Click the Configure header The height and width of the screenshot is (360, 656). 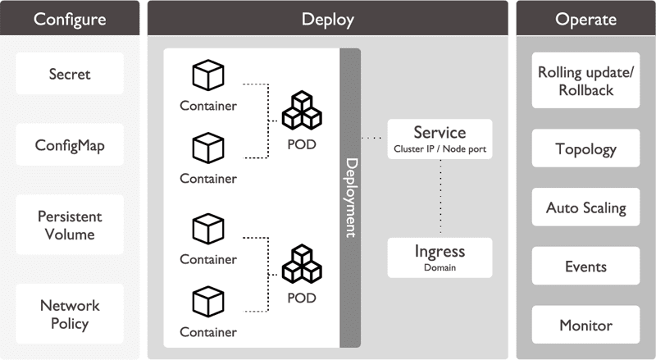click(x=69, y=19)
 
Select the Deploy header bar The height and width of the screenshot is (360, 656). click(x=327, y=19)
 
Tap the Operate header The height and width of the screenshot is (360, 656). click(x=585, y=19)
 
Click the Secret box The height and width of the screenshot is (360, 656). click(x=69, y=74)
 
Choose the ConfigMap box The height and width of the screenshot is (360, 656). click(x=69, y=145)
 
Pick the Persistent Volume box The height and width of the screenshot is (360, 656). click(x=69, y=226)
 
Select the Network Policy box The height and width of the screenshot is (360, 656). click(x=69, y=314)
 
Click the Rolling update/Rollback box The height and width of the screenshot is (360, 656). click(x=585, y=80)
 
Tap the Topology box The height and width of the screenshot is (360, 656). click(x=585, y=149)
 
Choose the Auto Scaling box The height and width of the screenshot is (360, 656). click(x=585, y=207)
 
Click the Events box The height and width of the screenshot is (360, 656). click(x=585, y=267)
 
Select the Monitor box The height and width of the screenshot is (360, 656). click(x=585, y=326)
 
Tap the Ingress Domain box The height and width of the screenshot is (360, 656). click(x=440, y=257)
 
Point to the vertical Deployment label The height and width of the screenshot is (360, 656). click(x=350, y=198)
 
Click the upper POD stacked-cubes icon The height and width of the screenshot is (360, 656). click(x=301, y=110)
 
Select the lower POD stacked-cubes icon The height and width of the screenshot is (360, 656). click(x=301, y=264)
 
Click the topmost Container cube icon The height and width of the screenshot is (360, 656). click(x=207, y=75)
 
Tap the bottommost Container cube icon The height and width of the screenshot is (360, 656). click(x=207, y=301)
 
